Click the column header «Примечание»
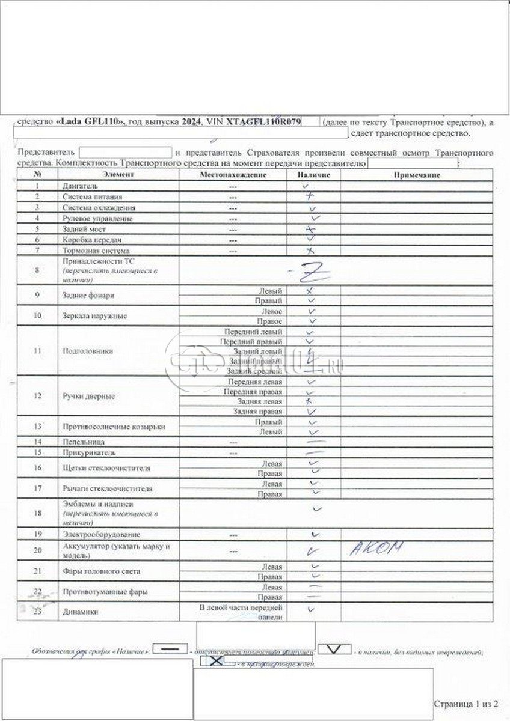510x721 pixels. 416,175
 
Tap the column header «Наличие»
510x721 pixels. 313,175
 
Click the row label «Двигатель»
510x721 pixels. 76,186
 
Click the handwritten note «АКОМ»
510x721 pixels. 375,547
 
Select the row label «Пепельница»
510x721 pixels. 81,442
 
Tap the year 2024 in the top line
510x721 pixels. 191,122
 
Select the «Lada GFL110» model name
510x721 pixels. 90,122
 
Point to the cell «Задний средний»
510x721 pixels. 257,371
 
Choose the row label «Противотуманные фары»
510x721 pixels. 97,592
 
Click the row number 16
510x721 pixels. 37,468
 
